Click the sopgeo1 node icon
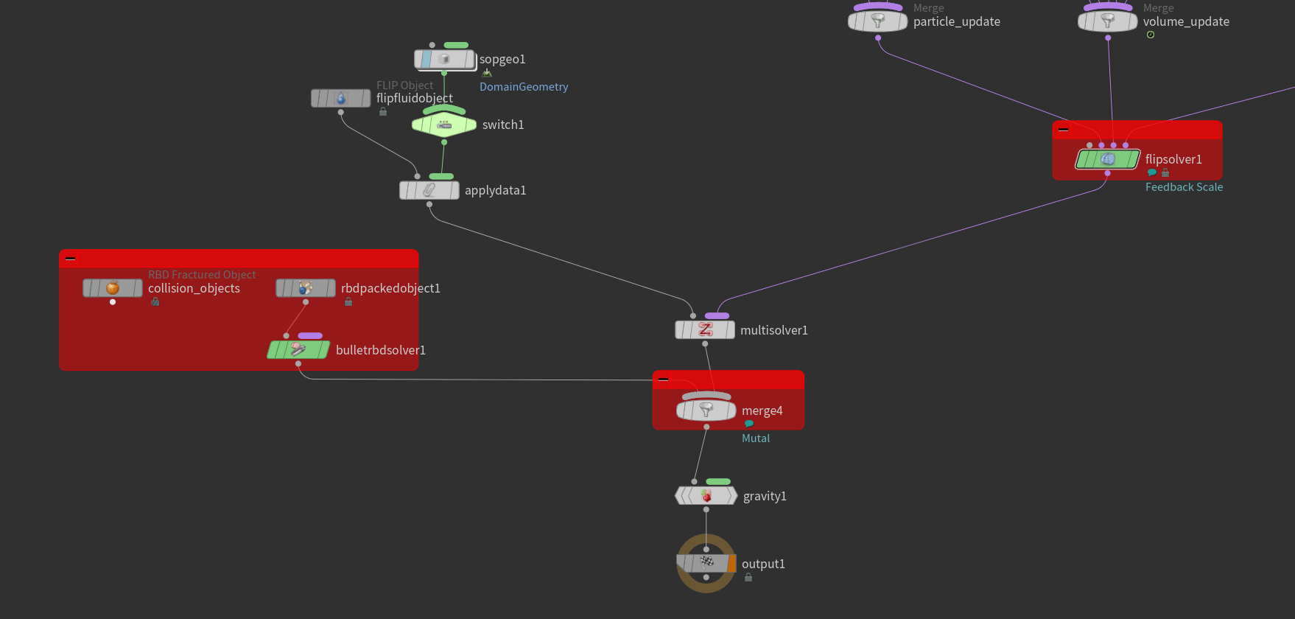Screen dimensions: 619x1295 (x=443, y=59)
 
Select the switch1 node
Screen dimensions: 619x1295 (x=444, y=125)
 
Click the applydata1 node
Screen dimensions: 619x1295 (x=429, y=190)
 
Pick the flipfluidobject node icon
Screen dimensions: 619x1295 (x=340, y=98)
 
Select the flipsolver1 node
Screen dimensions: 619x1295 (x=1107, y=159)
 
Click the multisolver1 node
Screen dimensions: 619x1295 (x=705, y=330)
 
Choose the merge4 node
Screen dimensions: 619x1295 (x=706, y=410)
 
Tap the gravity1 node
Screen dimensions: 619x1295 (x=706, y=496)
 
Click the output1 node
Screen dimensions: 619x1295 (x=706, y=563)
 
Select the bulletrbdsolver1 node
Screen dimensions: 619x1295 (x=298, y=350)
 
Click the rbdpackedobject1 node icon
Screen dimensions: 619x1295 (x=306, y=288)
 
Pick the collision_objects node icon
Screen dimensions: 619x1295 (x=113, y=288)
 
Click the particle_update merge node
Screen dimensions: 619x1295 (x=877, y=21)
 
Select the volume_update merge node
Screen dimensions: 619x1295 (x=1107, y=21)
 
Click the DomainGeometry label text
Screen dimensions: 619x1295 (x=524, y=87)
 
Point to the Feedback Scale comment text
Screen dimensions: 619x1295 (x=1184, y=187)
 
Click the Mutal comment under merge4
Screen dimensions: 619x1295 (x=756, y=438)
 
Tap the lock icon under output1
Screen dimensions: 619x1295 (x=748, y=578)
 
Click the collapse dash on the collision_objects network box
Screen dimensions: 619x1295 (x=71, y=259)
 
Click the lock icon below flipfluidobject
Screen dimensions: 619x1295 (x=383, y=112)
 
